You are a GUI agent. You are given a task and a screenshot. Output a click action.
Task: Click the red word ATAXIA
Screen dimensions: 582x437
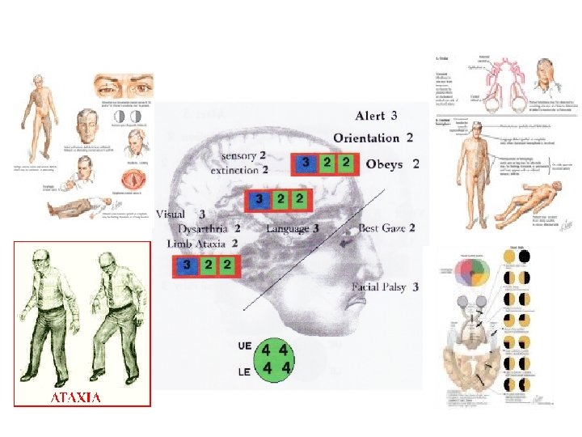(x=76, y=397)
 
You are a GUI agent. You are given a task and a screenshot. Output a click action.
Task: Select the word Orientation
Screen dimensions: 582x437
(x=366, y=138)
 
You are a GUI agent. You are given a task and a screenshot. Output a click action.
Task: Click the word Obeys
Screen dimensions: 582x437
(x=384, y=163)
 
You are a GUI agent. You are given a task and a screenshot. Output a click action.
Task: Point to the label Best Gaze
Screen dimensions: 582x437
(x=382, y=229)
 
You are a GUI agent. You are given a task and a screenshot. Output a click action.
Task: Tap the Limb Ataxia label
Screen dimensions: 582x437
(x=198, y=243)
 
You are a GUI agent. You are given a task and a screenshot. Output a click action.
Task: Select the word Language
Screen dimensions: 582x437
(x=287, y=229)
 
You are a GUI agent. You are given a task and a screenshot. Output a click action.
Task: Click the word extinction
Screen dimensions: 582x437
(x=234, y=171)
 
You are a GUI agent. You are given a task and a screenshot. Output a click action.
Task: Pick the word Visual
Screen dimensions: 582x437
(x=171, y=214)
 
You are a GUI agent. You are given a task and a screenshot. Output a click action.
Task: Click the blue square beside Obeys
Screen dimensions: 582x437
(x=305, y=163)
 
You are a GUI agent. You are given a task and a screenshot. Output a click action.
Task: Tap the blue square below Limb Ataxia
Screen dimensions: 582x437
(x=188, y=265)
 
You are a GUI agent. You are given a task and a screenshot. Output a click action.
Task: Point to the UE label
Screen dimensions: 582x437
(x=245, y=346)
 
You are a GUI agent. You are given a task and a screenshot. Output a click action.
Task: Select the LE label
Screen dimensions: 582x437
(x=245, y=371)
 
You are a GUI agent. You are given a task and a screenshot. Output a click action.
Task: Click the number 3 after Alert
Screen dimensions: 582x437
(x=394, y=117)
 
